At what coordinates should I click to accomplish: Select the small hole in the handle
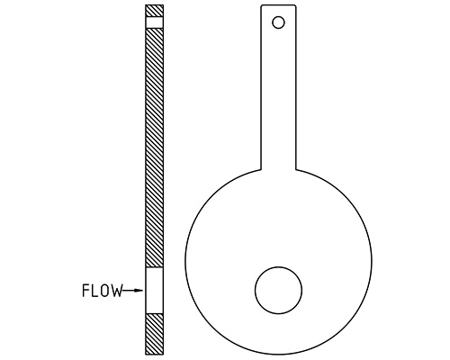click(x=278, y=21)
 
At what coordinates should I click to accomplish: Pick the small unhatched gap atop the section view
click(x=154, y=22)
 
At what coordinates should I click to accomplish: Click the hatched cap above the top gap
click(x=154, y=11)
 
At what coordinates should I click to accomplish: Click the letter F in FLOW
click(x=85, y=291)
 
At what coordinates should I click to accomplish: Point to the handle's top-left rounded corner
click(x=263, y=8)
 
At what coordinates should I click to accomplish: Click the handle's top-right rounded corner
click(x=293, y=8)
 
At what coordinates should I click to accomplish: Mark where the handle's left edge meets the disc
click(x=261, y=169)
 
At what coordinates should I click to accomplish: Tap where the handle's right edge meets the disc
click(x=295, y=169)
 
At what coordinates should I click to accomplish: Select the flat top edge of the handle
click(x=278, y=5)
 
